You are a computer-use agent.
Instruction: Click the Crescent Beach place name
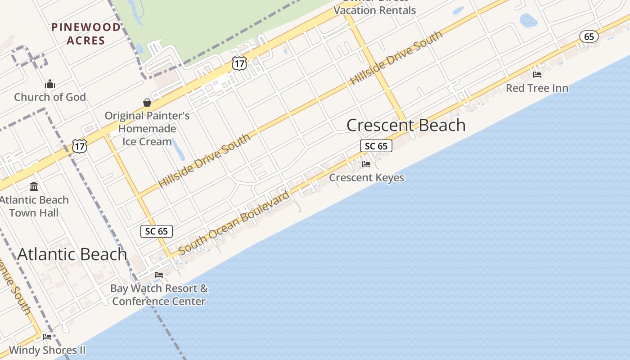(x=406, y=125)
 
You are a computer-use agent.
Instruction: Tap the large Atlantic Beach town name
(x=72, y=254)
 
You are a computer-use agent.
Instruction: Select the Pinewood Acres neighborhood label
(x=85, y=34)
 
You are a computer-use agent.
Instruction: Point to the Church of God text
(x=49, y=97)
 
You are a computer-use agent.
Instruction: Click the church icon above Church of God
(x=49, y=84)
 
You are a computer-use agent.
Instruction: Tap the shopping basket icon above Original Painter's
(x=147, y=103)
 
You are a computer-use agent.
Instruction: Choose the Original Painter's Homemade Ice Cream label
(x=147, y=129)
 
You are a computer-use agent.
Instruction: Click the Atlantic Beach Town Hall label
(x=34, y=206)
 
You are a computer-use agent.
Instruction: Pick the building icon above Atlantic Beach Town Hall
(x=34, y=186)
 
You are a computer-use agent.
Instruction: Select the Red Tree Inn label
(x=537, y=88)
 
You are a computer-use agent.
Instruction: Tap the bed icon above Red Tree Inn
(x=537, y=75)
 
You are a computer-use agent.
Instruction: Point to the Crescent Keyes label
(x=366, y=177)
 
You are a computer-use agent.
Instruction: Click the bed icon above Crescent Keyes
(x=366, y=164)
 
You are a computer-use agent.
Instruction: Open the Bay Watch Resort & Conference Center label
(x=159, y=295)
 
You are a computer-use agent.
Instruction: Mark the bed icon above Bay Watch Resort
(x=159, y=274)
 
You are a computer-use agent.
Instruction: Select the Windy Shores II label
(x=47, y=350)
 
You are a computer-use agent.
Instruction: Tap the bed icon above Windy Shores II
(x=47, y=337)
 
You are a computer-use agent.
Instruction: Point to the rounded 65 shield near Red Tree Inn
(x=589, y=36)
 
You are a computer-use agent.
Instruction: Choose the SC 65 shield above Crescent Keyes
(x=376, y=146)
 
